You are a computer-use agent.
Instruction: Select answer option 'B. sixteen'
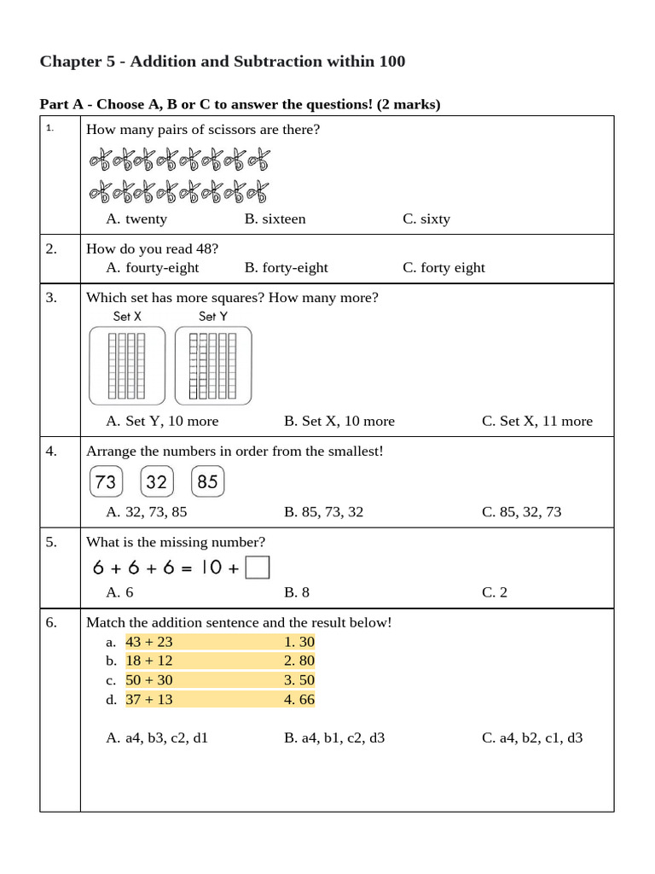(275, 218)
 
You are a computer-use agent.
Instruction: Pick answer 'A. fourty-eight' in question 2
(152, 267)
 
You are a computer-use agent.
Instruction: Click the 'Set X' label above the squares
(127, 317)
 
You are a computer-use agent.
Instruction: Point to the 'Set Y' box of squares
(212, 365)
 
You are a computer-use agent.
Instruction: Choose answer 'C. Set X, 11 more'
(536, 421)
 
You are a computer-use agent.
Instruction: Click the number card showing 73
(106, 481)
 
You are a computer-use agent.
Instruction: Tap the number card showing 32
(157, 481)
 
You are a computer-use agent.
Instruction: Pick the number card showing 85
(208, 481)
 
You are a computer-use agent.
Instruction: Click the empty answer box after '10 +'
(258, 568)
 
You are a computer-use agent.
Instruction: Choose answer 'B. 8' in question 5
(297, 592)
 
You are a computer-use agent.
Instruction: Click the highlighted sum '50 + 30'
(148, 680)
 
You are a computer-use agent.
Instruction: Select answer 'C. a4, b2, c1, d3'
(532, 737)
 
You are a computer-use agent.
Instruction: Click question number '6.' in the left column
(52, 622)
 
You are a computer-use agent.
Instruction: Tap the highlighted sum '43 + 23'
(148, 642)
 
